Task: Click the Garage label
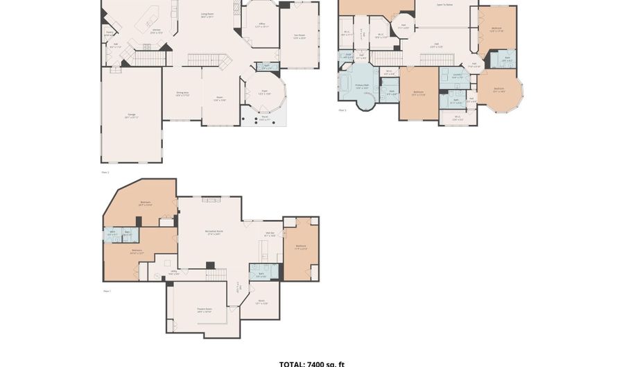[131, 116]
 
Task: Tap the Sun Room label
[300, 36]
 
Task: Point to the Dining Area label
[182, 94]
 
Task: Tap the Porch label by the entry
[265, 118]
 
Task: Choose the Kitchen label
[157, 31]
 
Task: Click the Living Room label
[207, 15]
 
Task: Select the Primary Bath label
[362, 87]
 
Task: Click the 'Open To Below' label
[444, 4]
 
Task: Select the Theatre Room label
[204, 310]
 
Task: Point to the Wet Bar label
[270, 234]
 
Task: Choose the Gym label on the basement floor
[261, 302]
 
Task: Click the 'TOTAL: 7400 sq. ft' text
[311, 364]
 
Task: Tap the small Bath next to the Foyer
[267, 67]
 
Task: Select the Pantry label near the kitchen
[110, 33]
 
